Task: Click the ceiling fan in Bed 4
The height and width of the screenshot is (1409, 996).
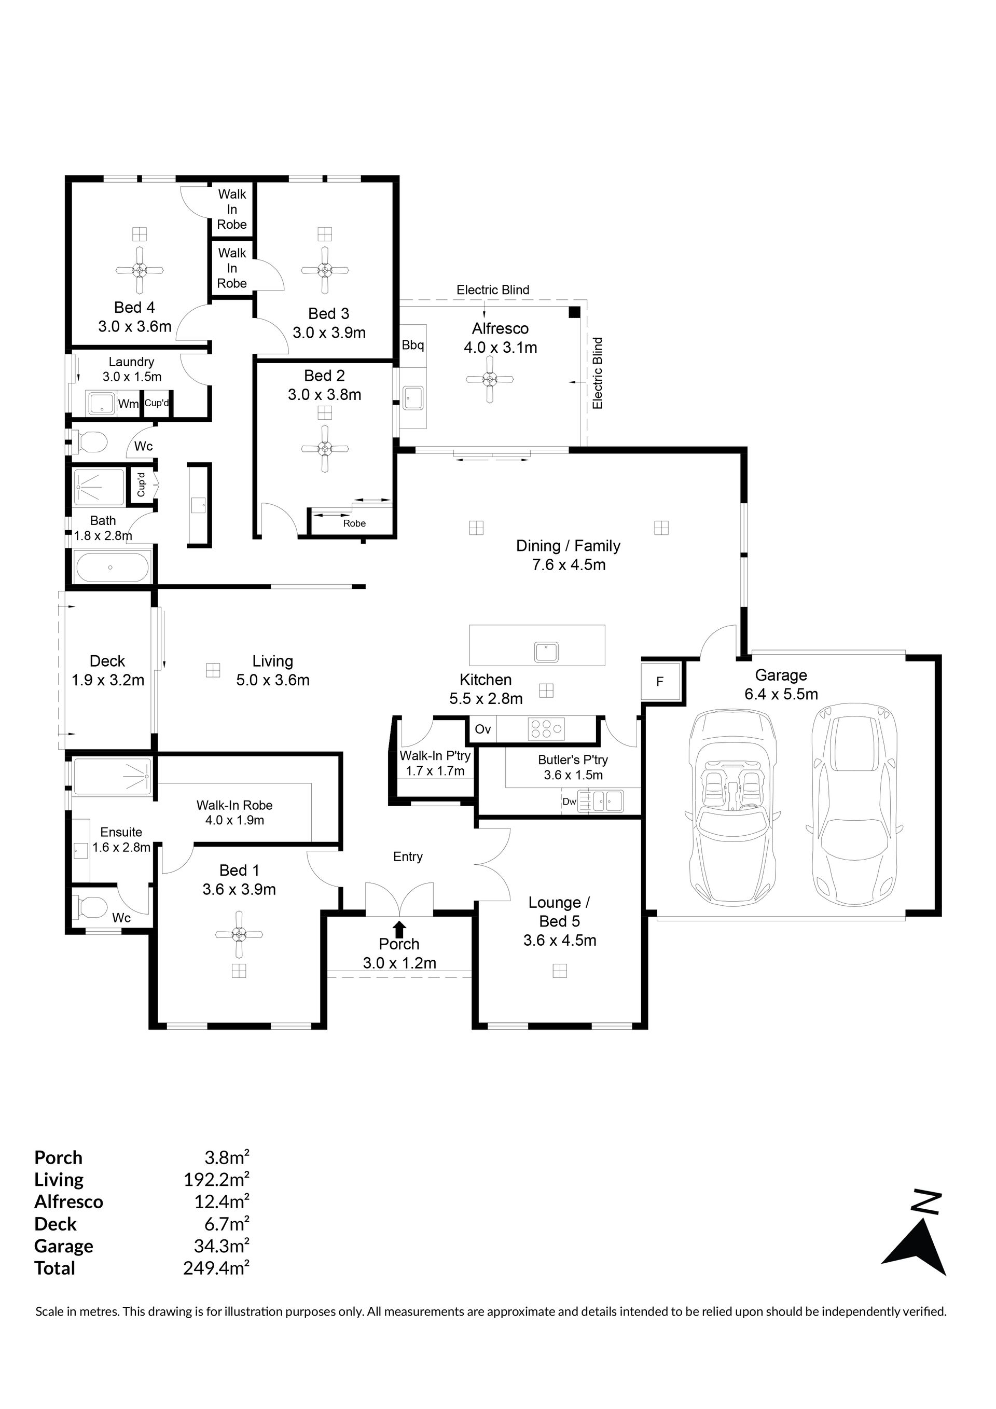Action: point(140,269)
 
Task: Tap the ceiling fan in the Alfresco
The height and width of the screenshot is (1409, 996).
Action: point(489,379)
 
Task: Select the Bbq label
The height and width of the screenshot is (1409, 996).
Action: point(413,345)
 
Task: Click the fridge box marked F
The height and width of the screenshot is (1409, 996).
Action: point(660,681)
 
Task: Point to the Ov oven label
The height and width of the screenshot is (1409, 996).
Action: point(483,729)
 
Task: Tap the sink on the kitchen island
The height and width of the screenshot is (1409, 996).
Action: point(546,652)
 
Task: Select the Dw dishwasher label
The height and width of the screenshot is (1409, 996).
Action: point(570,802)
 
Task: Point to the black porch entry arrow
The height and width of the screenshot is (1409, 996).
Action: point(399,928)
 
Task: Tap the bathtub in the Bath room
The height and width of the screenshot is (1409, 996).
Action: point(112,568)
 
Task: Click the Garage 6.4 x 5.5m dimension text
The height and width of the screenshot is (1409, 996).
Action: point(781,694)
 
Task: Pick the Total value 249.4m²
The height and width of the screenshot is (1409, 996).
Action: point(216,1268)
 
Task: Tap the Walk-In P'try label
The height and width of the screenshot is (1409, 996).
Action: point(435,756)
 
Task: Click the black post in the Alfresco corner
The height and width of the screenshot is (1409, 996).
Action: point(574,312)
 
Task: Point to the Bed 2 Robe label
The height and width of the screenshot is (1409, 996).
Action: point(355,523)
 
